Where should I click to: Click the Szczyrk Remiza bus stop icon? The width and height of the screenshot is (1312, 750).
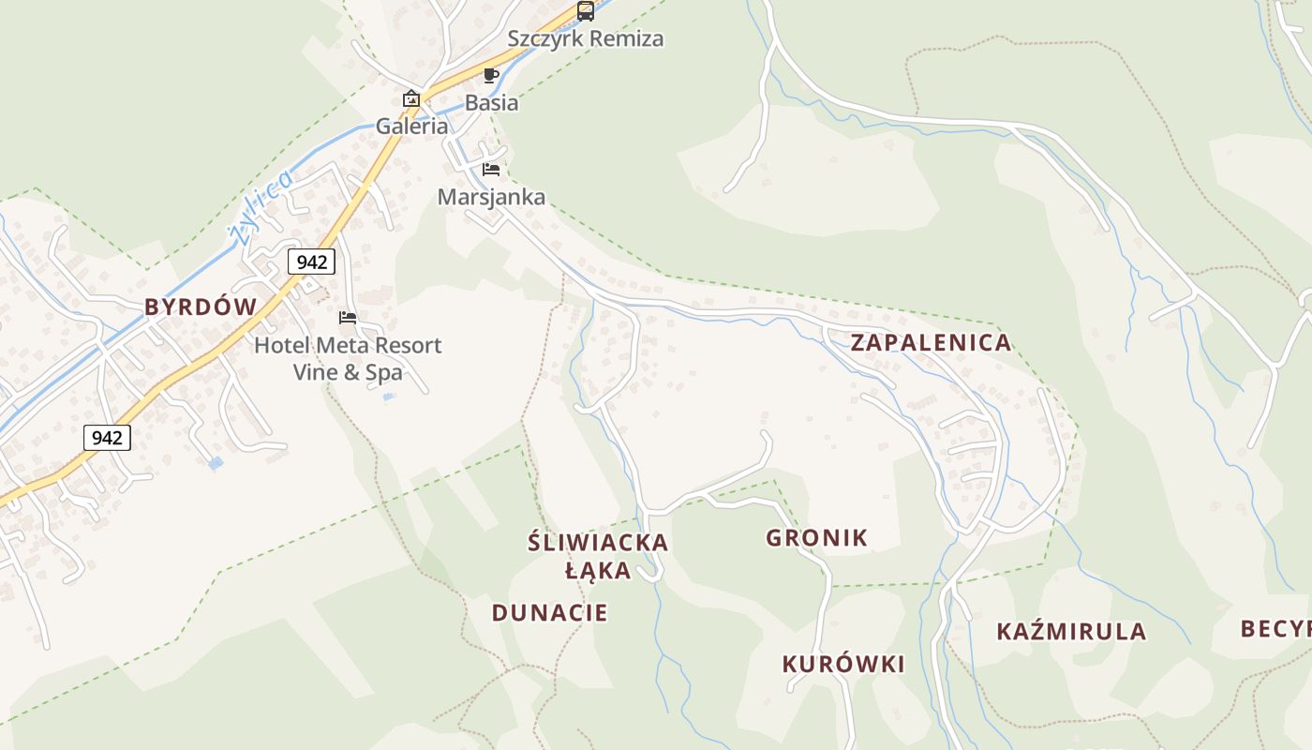pyautogui.click(x=586, y=11)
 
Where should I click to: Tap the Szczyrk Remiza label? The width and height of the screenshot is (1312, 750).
pyautogui.click(x=586, y=39)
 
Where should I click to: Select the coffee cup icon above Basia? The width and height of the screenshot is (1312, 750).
pyautogui.click(x=491, y=76)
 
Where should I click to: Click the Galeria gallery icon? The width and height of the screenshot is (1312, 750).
pyautogui.click(x=410, y=98)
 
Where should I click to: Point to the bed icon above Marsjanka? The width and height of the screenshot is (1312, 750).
pyautogui.click(x=491, y=170)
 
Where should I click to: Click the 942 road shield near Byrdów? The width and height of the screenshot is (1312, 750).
pyautogui.click(x=311, y=262)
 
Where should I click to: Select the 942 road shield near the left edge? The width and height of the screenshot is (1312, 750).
pyautogui.click(x=107, y=437)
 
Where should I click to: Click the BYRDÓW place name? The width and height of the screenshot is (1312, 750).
pyautogui.click(x=201, y=307)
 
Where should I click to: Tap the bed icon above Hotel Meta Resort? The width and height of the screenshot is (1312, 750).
pyautogui.click(x=348, y=318)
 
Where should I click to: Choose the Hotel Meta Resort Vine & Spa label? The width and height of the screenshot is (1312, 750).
pyautogui.click(x=348, y=359)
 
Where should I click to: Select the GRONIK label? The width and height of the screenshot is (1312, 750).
pyautogui.click(x=817, y=538)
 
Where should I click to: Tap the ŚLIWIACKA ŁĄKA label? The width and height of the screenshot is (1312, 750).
pyautogui.click(x=598, y=556)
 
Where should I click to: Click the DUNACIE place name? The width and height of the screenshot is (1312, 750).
pyautogui.click(x=550, y=613)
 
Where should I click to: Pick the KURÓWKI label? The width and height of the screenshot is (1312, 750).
pyautogui.click(x=843, y=665)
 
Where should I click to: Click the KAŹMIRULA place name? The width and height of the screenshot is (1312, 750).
pyautogui.click(x=1071, y=632)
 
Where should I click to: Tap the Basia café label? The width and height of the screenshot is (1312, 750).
pyautogui.click(x=491, y=103)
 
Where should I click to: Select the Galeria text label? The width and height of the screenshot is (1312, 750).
pyautogui.click(x=412, y=126)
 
